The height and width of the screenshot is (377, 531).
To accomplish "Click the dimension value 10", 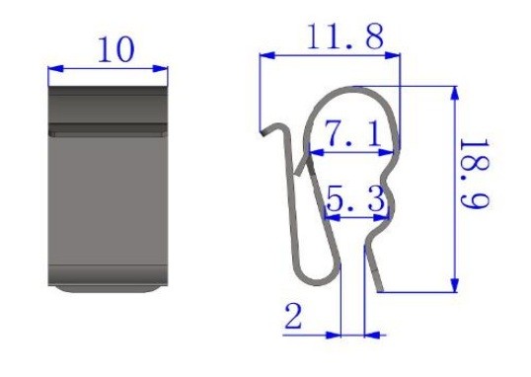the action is coord(115,49).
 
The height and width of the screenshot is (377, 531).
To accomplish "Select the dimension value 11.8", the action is coord(344,36).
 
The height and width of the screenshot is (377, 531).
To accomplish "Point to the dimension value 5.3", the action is coord(355,198).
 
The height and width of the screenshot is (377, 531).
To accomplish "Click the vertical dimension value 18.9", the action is coord(475,174).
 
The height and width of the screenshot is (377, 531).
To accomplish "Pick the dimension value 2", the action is coord(293,317).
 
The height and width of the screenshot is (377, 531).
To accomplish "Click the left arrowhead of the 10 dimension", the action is coord(55,69).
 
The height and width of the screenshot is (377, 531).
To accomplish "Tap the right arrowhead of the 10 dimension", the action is coord(160,69).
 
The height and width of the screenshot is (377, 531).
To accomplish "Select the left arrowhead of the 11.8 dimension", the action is coord(266,55).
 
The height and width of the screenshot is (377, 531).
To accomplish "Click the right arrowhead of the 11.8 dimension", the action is coord(392,55).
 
